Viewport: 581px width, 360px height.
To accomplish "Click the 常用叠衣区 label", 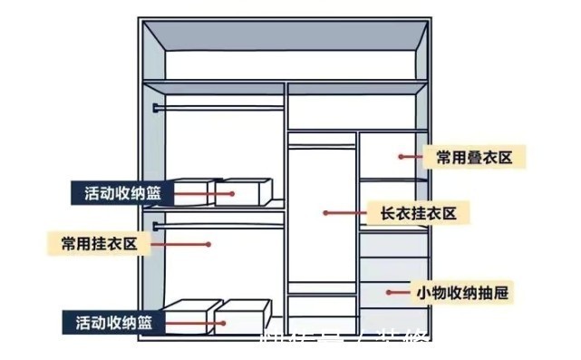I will [474, 158].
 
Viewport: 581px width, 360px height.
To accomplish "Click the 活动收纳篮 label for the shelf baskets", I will [119, 193].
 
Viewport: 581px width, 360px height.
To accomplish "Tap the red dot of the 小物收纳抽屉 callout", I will [390, 292].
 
